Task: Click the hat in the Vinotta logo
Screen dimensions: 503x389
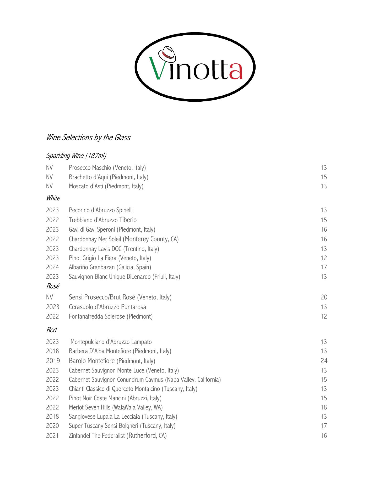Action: pos(167,53)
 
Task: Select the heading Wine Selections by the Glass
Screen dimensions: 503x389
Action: pos(88,138)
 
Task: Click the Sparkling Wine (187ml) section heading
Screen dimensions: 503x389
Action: pos(76,156)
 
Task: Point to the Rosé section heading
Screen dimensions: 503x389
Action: pos(53,286)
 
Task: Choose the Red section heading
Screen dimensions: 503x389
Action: pos(51,330)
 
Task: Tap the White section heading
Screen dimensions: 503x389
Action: pos(53,198)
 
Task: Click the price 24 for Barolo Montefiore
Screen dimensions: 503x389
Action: pos(324,361)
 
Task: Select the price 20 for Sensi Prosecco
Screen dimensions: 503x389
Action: pos(324,297)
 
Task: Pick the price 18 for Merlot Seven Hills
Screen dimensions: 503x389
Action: pos(324,407)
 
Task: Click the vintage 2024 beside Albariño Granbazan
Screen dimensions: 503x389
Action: pos(52,267)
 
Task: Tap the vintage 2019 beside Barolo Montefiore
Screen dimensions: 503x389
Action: pos(53,361)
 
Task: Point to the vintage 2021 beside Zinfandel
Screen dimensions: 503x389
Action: pos(52,435)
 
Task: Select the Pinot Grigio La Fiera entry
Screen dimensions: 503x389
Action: pos(110,258)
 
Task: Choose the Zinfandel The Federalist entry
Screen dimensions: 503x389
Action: pos(118,435)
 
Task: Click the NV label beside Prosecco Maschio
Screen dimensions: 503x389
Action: pos(49,168)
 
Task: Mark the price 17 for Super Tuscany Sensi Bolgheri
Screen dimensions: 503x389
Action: pos(324,426)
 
